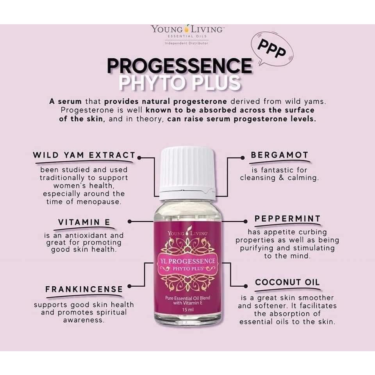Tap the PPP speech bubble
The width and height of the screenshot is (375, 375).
tap(272, 48)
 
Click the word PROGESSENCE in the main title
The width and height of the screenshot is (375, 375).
tap(179, 65)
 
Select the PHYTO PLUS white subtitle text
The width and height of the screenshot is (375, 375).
tap(180, 83)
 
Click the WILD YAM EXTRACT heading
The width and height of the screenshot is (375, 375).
tap(84, 155)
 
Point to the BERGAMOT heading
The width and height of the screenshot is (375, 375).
tap(279, 155)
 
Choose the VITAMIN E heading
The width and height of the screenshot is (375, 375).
tap(84, 222)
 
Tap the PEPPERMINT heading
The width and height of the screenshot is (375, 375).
tap(287, 219)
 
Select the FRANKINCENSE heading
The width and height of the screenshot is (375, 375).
tap(84, 289)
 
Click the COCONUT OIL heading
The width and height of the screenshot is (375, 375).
tap(287, 282)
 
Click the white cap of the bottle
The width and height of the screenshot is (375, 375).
tap(187, 173)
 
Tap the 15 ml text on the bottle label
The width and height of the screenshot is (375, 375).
tap(188, 310)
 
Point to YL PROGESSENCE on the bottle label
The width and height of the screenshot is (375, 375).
tap(186, 261)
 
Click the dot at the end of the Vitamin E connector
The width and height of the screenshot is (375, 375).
tap(129, 222)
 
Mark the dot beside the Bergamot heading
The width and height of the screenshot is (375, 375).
tap(243, 158)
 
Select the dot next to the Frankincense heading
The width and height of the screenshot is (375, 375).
tap(129, 286)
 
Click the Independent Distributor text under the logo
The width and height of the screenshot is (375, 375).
tap(187, 43)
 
